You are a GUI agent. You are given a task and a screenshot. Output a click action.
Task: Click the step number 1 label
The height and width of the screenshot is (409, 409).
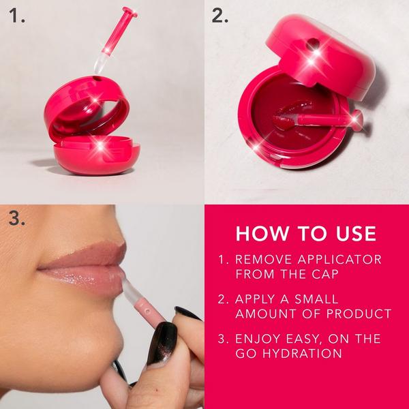click(16, 16)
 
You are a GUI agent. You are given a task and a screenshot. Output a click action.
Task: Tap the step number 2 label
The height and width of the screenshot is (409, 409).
click(219, 16)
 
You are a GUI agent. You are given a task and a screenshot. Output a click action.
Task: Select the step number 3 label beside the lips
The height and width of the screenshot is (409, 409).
click(18, 219)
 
